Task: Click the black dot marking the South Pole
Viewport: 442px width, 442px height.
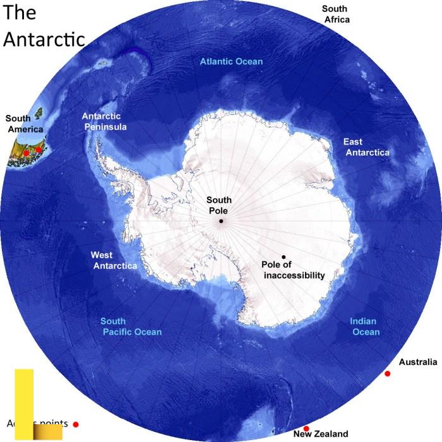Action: pos(221,221)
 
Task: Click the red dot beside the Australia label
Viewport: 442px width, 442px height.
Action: pos(387,374)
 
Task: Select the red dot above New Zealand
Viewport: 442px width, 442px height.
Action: pos(306,429)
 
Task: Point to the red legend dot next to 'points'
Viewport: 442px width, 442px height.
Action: pos(76,424)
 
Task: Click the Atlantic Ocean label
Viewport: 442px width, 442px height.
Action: pos(231,61)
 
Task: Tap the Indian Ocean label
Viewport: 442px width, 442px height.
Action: pos(365,326)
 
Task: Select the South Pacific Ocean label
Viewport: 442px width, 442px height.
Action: pos(131,326)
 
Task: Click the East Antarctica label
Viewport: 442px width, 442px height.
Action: pos(366,147)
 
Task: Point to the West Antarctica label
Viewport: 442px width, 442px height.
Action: pos(114,260)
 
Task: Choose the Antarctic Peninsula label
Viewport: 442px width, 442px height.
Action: pos(105,121)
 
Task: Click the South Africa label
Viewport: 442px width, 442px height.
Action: pos(336,14)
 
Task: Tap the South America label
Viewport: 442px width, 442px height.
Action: pos(25,124)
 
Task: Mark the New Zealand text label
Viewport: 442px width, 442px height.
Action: pos(321,434)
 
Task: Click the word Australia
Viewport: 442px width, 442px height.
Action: pos(418,362)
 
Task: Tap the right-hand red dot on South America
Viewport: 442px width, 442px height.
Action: pos(39,150)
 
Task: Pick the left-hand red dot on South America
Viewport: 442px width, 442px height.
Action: pos(26,152)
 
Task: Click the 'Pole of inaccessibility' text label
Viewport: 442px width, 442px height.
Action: pos(293,270)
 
